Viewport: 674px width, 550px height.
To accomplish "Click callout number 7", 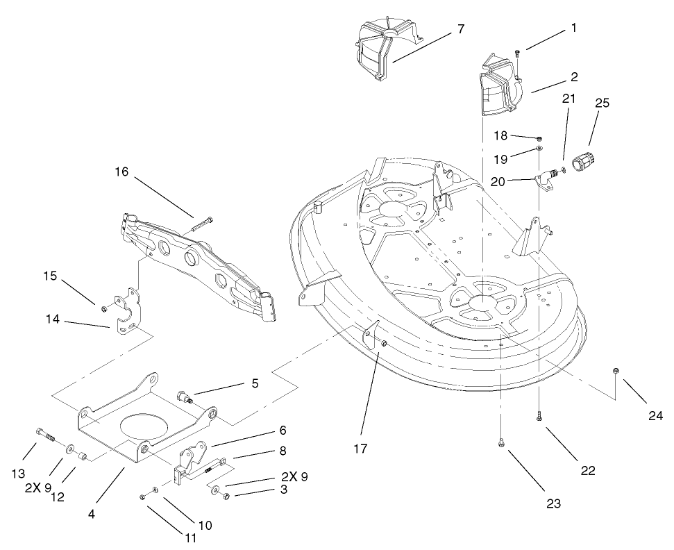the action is (x=460, y=29).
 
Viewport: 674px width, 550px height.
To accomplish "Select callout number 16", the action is (x=121, y=172).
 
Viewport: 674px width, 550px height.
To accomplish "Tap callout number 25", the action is (x=603, y=103).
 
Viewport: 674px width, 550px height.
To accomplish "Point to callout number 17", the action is (x=360, y=449).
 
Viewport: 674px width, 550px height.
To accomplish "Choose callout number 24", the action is (x=656, y=415).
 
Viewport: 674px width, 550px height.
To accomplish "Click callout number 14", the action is (x=53, y=319).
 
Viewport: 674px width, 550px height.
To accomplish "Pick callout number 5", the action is (x=255, y=383).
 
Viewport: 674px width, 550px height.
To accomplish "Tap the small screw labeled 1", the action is (x=518, y=53).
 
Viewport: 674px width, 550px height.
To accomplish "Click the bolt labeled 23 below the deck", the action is (x=501, y=442).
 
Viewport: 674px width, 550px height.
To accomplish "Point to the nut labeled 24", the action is (x=616, y=370).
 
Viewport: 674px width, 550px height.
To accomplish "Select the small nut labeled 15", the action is (x=103, y=308).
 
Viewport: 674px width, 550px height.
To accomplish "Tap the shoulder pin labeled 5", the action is (x=185, y=397).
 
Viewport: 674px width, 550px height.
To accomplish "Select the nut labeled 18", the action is (x=539, y=138).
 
